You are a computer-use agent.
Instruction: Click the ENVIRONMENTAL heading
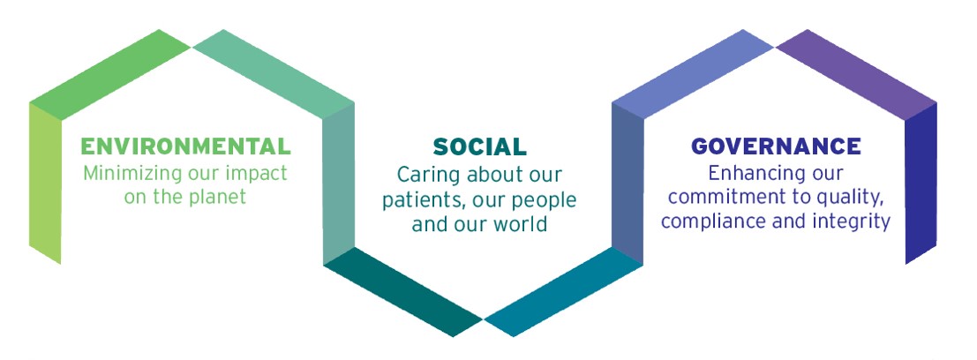tap(185, 146)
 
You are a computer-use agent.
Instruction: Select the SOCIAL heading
tap(480, 147)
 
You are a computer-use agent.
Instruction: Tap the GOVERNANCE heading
tap(777, 146)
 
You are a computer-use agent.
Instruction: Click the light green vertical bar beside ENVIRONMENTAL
tap(46, 184)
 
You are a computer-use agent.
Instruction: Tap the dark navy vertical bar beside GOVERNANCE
tap(921, 184)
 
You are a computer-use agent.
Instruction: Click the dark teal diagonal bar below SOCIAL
tap(403, 291)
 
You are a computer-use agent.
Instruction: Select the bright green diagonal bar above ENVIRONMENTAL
tap(109, 74)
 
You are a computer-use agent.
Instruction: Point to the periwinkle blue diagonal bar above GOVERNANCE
tap(693, 74)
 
